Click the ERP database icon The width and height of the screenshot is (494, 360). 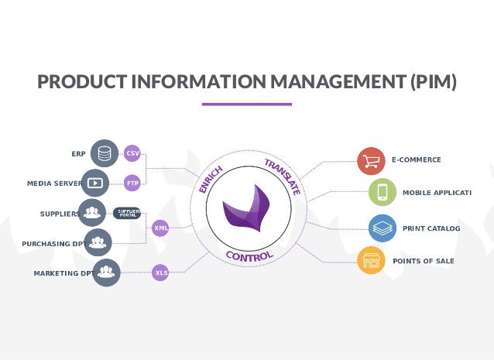point(104,153)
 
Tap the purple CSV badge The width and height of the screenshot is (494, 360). point(132,153)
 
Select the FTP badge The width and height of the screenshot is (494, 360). point(132,183)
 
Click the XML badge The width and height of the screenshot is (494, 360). point(160,228)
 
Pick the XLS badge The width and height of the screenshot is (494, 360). point(160,273)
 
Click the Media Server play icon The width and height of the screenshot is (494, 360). point(95,183)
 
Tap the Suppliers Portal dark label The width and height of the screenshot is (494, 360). point(127,213)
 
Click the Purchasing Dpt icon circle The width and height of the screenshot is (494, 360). point(98,243)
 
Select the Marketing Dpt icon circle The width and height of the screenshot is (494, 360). point(106,273)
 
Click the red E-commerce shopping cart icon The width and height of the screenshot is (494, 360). point(372,160)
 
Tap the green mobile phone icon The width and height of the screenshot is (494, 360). point(383,191)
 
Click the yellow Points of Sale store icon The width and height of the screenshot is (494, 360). point(372,261)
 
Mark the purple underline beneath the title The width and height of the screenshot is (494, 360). point(246,104)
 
